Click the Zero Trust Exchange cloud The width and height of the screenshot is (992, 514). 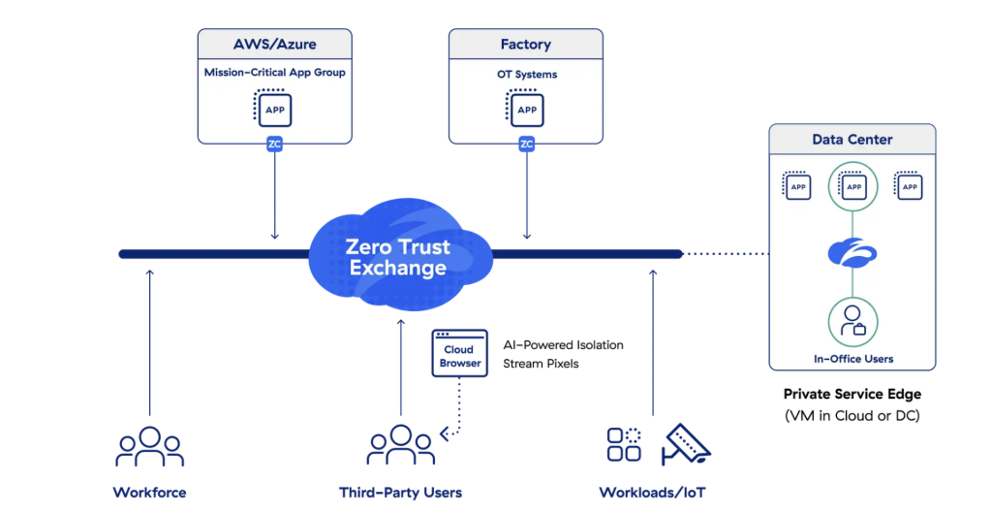(397, 255)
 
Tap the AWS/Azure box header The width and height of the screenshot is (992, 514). (274, 45)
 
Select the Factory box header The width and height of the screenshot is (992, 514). (526, 45)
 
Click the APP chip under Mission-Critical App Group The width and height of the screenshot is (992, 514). (274, 110)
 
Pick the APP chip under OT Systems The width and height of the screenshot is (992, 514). (526, 110)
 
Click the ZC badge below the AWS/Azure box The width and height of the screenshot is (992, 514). (274, 145)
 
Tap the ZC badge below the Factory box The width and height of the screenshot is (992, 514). (526, 145)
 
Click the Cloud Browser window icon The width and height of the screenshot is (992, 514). (460, 355)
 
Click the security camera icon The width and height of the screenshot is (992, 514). (685, 442)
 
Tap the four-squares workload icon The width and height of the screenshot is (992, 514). (624, 443)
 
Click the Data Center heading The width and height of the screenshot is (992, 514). (852, 140)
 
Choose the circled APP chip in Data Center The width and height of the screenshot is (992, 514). (852, 186)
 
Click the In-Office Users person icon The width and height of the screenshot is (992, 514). (852, 321)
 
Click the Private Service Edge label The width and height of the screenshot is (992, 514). (852, 395)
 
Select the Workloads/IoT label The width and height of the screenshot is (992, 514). (652, 493)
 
